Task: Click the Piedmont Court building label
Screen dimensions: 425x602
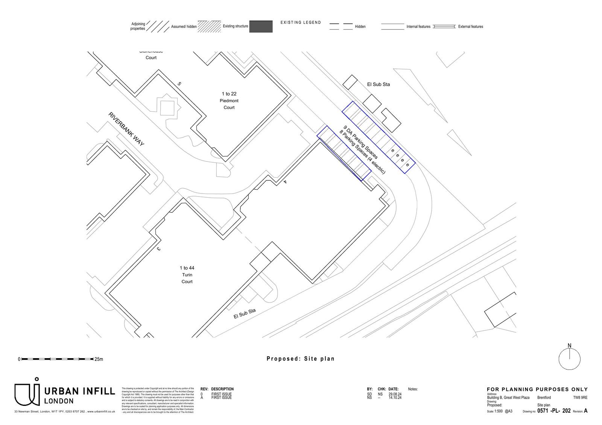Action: pyautogui.click(x=229, y=100)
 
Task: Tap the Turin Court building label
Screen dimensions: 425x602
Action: pyautogui.click(x=187, y=275)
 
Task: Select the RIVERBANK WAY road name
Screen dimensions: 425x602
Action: pyautogui.click(x=126, y=129)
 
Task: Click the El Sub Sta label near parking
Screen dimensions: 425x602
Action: pyautogui.click(x=378, y=85)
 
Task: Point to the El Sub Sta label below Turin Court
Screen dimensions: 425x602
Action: pyautogui.click(x=245, y=313)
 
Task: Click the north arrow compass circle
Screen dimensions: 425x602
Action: pyautogui.click(x=569, y=359)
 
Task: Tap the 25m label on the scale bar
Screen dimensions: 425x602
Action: pyautogui.click(x=99, y=359)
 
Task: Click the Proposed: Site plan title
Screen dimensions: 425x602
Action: pyautogui.click(x=300, y=358)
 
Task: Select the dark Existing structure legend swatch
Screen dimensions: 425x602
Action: pyautogui.click(x=261, y=26)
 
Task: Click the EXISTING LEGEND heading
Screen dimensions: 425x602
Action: pyautogui.click(x=301, y=23)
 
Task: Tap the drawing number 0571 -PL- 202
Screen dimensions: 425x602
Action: pyautogui.click(x=554, y=411)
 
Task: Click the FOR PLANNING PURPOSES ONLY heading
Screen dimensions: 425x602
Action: pyautogui.click(x=537, y=389)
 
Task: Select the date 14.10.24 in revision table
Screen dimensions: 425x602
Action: pyautogui.click(x=395, y=398)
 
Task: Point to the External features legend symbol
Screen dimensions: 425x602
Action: pyautogui.click(x=444, y=27)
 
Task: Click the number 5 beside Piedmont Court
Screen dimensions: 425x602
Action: pyautogui.click(x=179, y=84)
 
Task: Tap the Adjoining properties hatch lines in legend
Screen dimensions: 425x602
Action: pyautogui.click(x=158, y=26)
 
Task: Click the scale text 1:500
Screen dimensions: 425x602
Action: pyautogui.click(x=499, y=411)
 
